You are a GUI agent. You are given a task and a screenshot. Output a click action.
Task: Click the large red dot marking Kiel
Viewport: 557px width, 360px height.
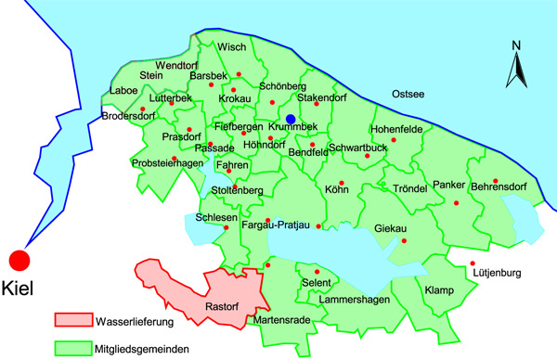(19, 262)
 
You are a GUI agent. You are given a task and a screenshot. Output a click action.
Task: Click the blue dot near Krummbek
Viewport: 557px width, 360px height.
(291, 119)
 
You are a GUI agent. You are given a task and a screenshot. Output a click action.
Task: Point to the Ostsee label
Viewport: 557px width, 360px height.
(408, 94)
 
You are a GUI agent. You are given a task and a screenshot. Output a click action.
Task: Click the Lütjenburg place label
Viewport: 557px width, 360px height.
(498, 274)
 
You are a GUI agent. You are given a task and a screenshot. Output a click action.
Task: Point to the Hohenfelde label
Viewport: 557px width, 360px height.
(396, 128)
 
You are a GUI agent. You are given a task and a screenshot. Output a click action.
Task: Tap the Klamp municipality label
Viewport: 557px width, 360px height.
(439, 290)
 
